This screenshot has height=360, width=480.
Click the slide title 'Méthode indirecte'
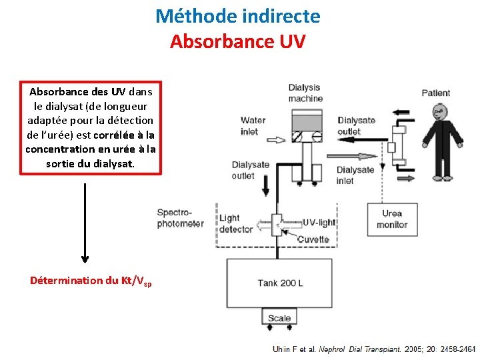[x=238, y=16]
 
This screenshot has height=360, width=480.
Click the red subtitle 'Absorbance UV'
[x=238, y=41]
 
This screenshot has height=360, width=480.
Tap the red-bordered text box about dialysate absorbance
[x=91, y=127]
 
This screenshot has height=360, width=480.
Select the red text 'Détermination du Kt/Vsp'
[x=91, y=281]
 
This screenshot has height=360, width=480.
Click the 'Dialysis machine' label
[x=305, y=93]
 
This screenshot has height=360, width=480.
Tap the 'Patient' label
[x=436, y=93]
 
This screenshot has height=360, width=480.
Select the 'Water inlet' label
[x=253, y=126]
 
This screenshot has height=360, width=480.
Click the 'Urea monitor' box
[x=392, y=219]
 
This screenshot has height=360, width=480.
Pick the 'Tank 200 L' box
[x=280, y=283]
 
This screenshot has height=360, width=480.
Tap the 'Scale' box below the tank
[x=279, y=318]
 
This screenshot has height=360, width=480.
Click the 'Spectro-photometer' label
[x=180, y=218]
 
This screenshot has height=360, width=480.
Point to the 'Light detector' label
[x=236, y=223]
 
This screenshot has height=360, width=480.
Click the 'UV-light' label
[x=319, y=223]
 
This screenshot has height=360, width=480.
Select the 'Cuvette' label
[x=313, y=239]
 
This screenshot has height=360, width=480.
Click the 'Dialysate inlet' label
[x=355, y=175]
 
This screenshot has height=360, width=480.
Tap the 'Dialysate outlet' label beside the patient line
[x=357, y=126]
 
